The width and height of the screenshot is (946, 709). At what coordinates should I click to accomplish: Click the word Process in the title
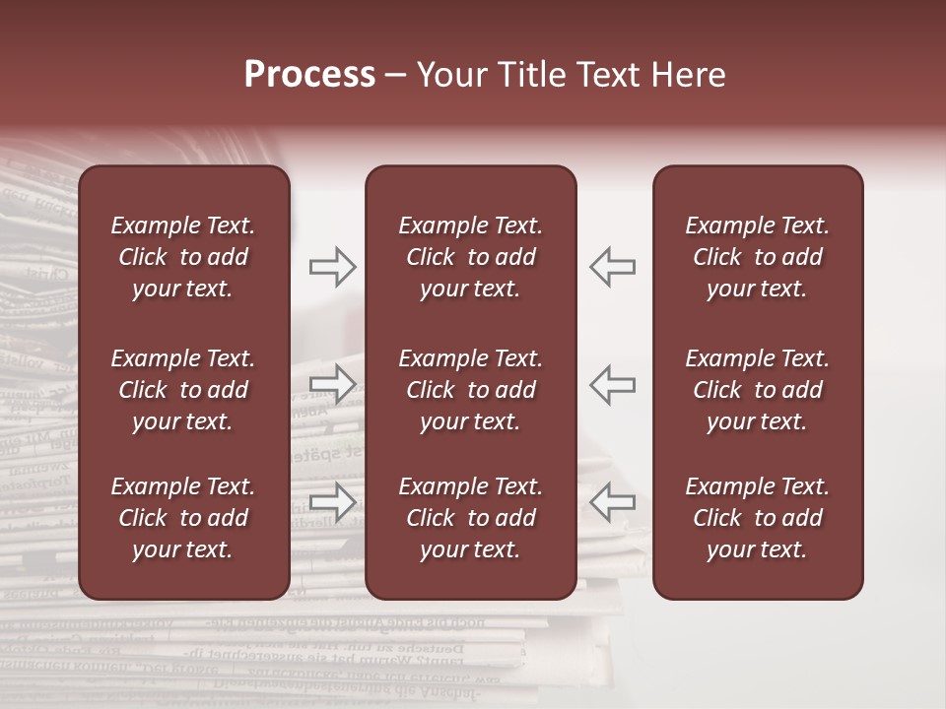click(x=309, y=75)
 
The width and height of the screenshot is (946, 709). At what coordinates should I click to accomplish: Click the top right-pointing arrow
click(x=333, y=267)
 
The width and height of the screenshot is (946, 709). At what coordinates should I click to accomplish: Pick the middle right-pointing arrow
click(x=333, y=384)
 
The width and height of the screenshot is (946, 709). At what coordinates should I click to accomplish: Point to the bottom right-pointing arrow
click(x=333, y=501)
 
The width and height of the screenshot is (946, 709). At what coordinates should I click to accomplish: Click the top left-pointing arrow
click(x=612, y=267)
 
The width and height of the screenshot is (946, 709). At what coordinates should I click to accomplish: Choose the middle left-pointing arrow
click(x=612, y=384)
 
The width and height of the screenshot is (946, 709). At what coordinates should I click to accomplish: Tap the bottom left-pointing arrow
click(x=612, y=501)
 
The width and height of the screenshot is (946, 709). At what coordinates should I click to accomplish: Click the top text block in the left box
click(x=183, y=257)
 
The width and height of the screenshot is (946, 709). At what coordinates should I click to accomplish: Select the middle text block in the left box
click(x=183, y=390)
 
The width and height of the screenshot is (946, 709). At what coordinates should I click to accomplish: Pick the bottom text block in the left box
click(x=183, y=518)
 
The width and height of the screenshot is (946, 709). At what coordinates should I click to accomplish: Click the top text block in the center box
click(x=470, y=257)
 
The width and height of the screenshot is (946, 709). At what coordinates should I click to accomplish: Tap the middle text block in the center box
click(x=470, y=390)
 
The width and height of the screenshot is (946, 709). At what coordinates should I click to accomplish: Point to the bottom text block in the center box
click(x=470, y=518)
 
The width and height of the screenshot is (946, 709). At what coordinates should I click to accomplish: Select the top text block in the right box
click(x=757, y=257)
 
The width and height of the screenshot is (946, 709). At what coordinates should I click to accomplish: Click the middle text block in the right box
click(x=757, y=390)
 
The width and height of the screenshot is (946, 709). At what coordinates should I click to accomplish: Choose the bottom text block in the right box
click(x=757, y=518)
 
